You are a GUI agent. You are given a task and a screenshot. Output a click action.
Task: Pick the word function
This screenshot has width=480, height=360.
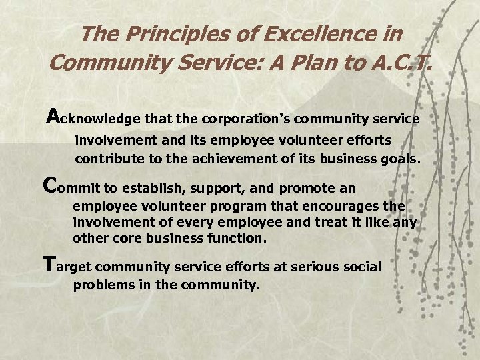pyautogui.click(x=239, y=238)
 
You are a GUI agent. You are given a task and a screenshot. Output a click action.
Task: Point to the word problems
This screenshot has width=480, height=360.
pyautogui.click(x=100, y=285)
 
